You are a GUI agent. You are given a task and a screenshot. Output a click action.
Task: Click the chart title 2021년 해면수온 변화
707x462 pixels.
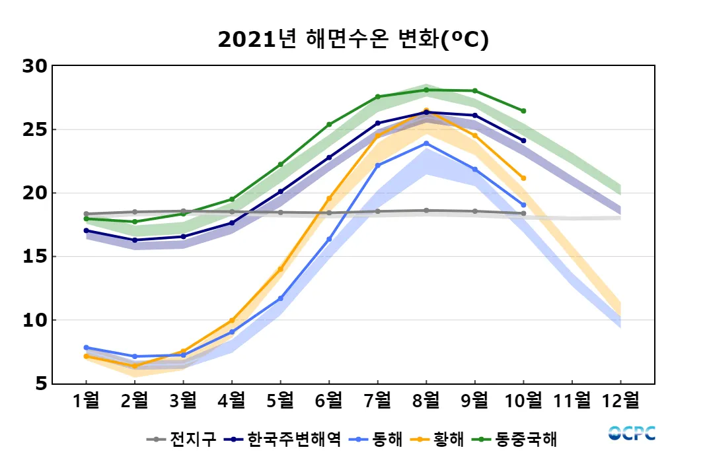(x=353, y=40)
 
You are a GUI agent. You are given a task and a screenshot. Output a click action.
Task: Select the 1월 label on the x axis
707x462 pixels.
(x=86, y=401)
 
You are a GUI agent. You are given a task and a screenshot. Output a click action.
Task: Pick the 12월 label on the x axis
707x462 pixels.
(x=620, y=401)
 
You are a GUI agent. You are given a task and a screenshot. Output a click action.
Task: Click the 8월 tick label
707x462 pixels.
(x=426, y=401)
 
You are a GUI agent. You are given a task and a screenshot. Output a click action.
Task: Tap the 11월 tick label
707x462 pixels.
(x=572, y=401)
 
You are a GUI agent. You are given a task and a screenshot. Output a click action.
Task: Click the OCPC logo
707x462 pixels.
(x=632, y=433)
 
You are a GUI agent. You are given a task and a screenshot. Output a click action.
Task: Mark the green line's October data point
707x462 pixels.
(x=523, y=111)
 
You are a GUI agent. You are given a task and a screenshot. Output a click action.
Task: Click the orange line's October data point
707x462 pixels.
(x=523, y=178)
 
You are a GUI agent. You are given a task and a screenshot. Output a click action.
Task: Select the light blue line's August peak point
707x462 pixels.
(x=426, y=143)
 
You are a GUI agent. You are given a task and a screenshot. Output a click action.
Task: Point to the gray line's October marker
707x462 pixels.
(x=523, y=213)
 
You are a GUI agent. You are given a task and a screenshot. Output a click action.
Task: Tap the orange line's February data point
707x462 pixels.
(x=135, y=366)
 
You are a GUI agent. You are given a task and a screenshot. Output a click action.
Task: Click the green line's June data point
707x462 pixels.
(x=329, y=124)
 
